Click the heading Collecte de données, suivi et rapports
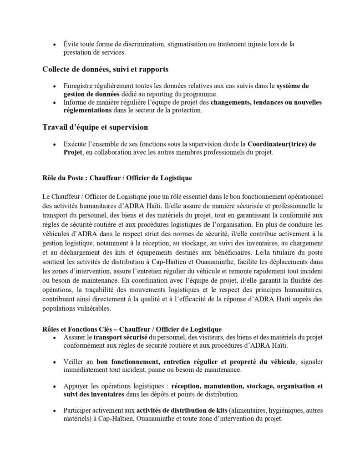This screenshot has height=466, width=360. (x=106, y=69)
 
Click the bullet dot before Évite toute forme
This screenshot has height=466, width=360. (x=54, y=45)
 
